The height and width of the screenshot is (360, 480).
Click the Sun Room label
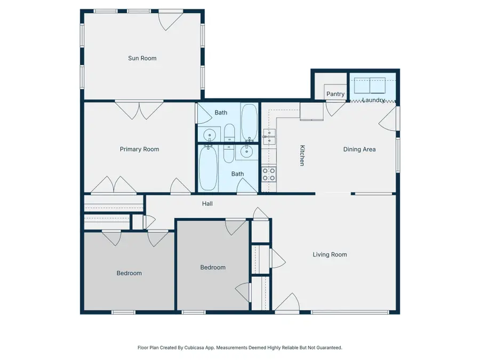142,58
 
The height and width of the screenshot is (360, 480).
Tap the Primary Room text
139,149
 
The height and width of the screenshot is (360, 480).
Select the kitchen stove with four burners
269,174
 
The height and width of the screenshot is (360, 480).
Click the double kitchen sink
269,137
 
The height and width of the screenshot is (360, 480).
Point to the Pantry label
335,94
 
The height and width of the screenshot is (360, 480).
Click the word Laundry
374,100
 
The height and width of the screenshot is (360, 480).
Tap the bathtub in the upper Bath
249,121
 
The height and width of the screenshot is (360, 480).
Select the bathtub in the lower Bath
207,169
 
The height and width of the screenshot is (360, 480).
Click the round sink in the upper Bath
209,134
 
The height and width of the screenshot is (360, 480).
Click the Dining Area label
359,149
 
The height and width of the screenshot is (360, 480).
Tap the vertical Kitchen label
302,156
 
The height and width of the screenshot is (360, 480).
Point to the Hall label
207,204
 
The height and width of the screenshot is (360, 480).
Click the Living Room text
330,254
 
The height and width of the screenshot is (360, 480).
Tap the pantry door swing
335,109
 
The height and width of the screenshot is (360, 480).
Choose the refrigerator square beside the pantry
311,111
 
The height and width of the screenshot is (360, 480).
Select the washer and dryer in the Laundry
370,85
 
